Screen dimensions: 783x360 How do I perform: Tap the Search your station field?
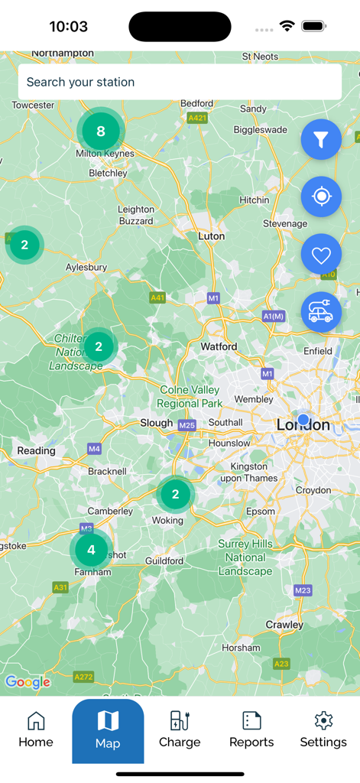coord(180,82)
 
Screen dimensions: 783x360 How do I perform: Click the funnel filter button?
coord(321,139)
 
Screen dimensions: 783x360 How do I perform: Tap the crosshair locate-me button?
coord(321,197)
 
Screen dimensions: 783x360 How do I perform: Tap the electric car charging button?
coord(321,312)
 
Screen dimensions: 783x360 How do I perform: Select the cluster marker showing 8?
coord(100,132)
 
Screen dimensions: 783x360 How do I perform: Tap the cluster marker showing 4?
coord(91,550)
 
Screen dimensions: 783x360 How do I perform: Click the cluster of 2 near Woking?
coord(175,494)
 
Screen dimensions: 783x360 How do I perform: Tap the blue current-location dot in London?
coord(303,420)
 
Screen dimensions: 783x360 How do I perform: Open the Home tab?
coord(36,729)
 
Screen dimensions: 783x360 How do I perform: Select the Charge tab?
coord(180,729)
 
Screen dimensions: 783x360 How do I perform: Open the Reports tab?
coord(251,729)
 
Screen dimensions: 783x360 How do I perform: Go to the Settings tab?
coord(323,729)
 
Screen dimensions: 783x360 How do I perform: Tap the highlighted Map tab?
coord(108,730)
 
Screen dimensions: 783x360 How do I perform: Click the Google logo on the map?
coord(28,682)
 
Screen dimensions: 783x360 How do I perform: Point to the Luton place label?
coord(212,236)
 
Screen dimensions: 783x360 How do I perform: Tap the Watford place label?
coord(219,346)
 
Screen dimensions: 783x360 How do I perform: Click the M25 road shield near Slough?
coord(186,424)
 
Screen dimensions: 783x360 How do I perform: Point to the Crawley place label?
coord(284,625)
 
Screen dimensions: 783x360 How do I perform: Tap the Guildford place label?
coord(164,560)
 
